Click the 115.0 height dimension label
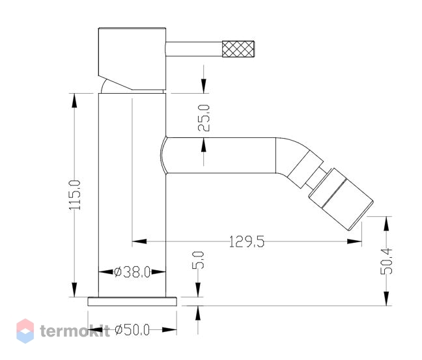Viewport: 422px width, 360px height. pos(74,195)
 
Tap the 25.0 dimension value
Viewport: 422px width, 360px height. pos(204,118)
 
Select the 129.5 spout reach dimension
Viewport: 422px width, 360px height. pos(247,242)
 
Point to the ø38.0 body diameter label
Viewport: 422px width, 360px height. pos(132,272)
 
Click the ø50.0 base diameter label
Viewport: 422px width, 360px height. pos(132,330)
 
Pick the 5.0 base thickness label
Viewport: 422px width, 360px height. pos(198,260)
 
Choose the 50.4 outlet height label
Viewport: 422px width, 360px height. pos(386,261)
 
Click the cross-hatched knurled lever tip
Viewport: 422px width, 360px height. pos(238,49)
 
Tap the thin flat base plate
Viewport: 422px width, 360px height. pos(132,301)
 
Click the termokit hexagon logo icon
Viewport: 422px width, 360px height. pos(25,331)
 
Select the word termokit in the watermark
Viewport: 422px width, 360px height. pos(75,331)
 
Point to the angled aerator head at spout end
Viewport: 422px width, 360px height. pos(341,199)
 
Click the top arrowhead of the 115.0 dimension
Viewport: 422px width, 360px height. pos(74,100)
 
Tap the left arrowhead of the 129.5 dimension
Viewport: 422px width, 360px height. pos(139,242)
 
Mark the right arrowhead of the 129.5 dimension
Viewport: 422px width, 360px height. pos(354,242)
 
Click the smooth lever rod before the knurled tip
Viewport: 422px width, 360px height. pos(194,49)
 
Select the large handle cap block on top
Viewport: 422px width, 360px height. pos(132,59)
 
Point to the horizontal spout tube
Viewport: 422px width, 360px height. pos(221,156)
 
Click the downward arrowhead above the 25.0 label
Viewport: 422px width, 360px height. pos(204,86)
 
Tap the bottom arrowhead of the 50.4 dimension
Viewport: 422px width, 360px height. pos(386,299)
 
